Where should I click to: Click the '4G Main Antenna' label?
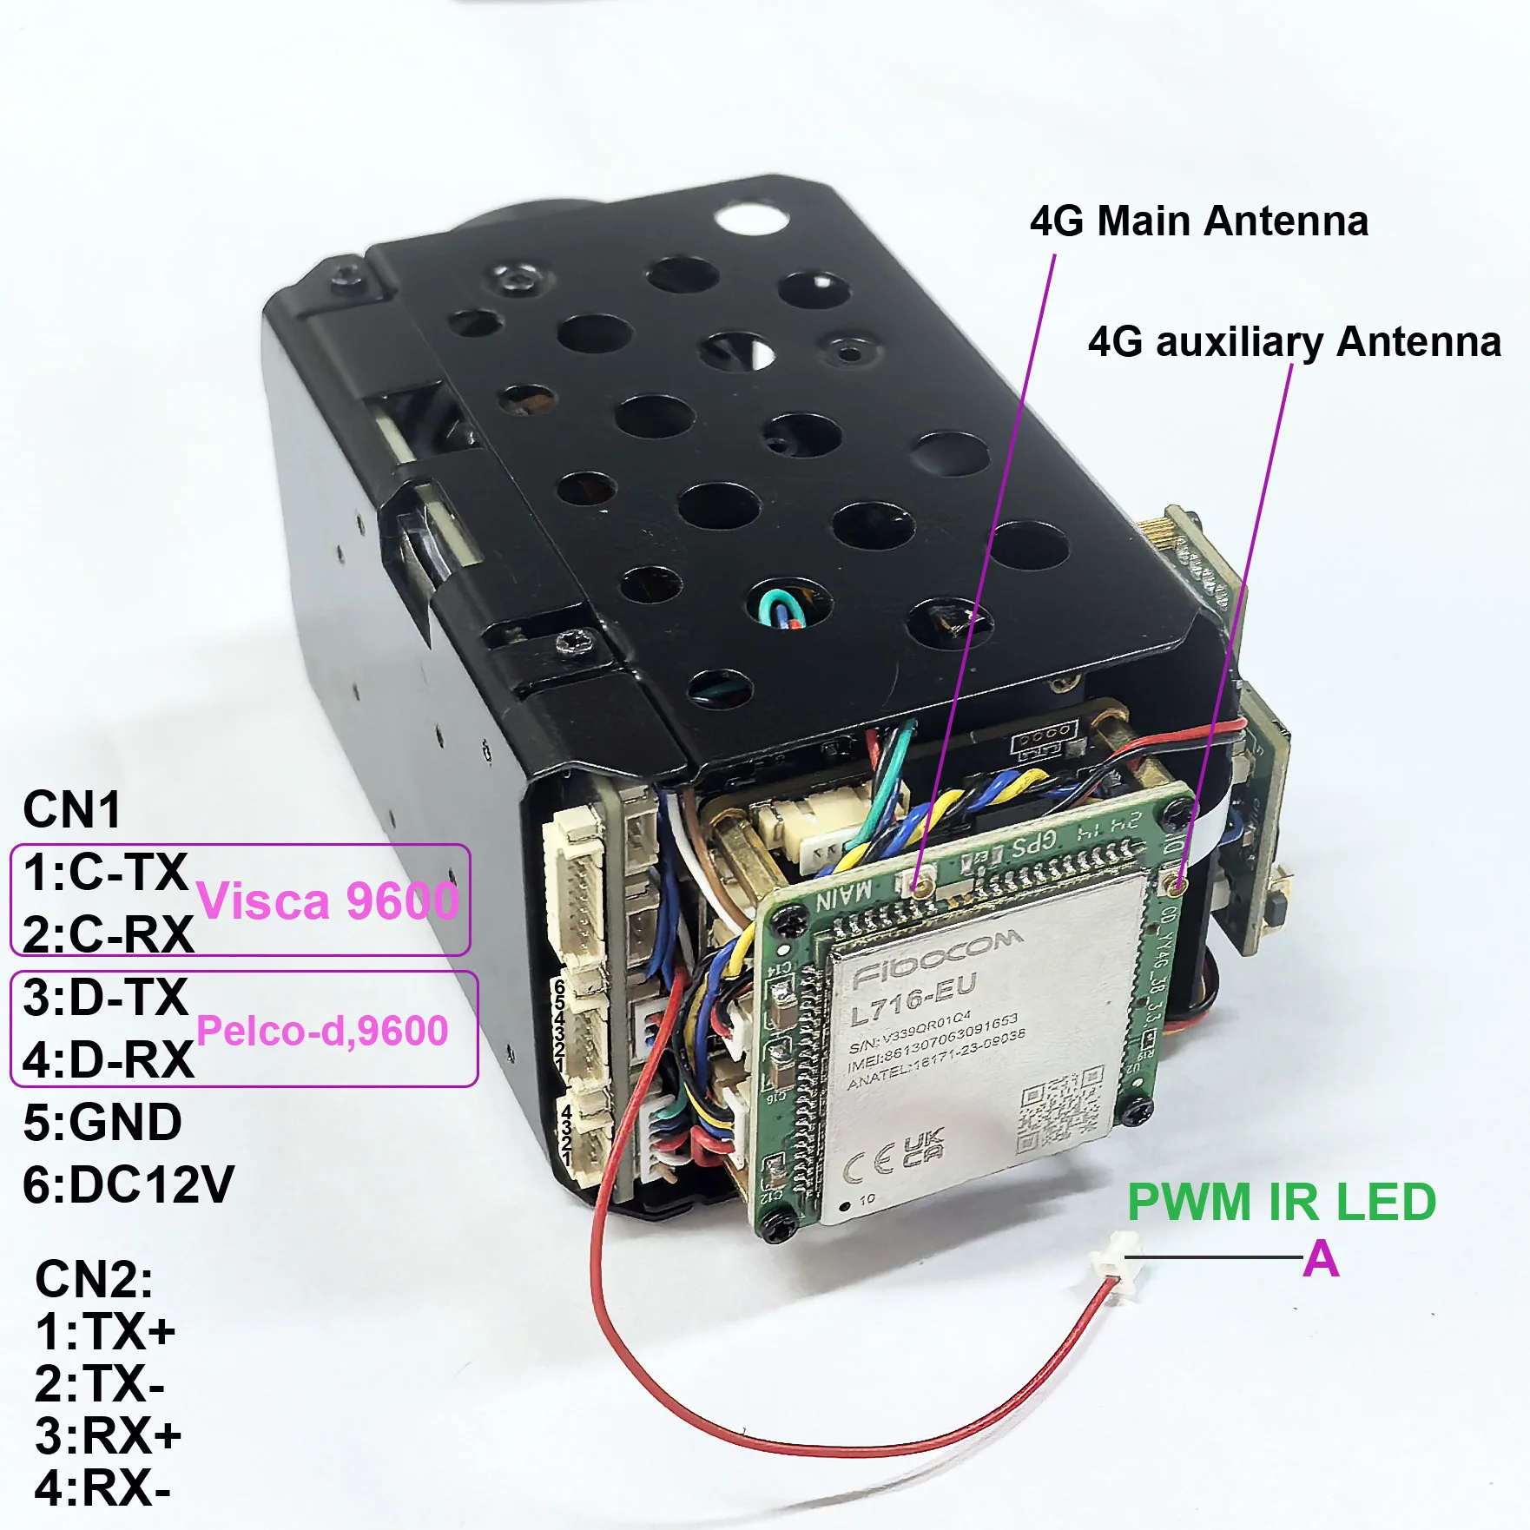pyautogui.click(x=1198, y=221)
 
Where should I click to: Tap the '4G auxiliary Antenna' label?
pyautogui.click(x=1294, y=342)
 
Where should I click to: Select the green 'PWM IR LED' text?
pyautogui.click(x=1281, y=1203)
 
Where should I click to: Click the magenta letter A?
pyautogui.click(x=1321, y=1259)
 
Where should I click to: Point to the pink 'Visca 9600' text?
pyautogui.click(x=327, y=900)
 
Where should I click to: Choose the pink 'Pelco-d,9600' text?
pyautogui.click(x=322, y=1031)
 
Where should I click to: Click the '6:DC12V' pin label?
pyautogui.click(x=129, y=1184)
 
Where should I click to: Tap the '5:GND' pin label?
pyautogui.click(x=102, y=1122)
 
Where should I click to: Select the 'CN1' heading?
pyautogui.click(x=71, y=809)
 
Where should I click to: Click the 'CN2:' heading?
pyautogui.click(x=94, y=1278)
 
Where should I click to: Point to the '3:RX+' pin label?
pyautogui.click(x=108, y=1435)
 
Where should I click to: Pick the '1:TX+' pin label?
pyautogui.click(x=105, y=1331)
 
